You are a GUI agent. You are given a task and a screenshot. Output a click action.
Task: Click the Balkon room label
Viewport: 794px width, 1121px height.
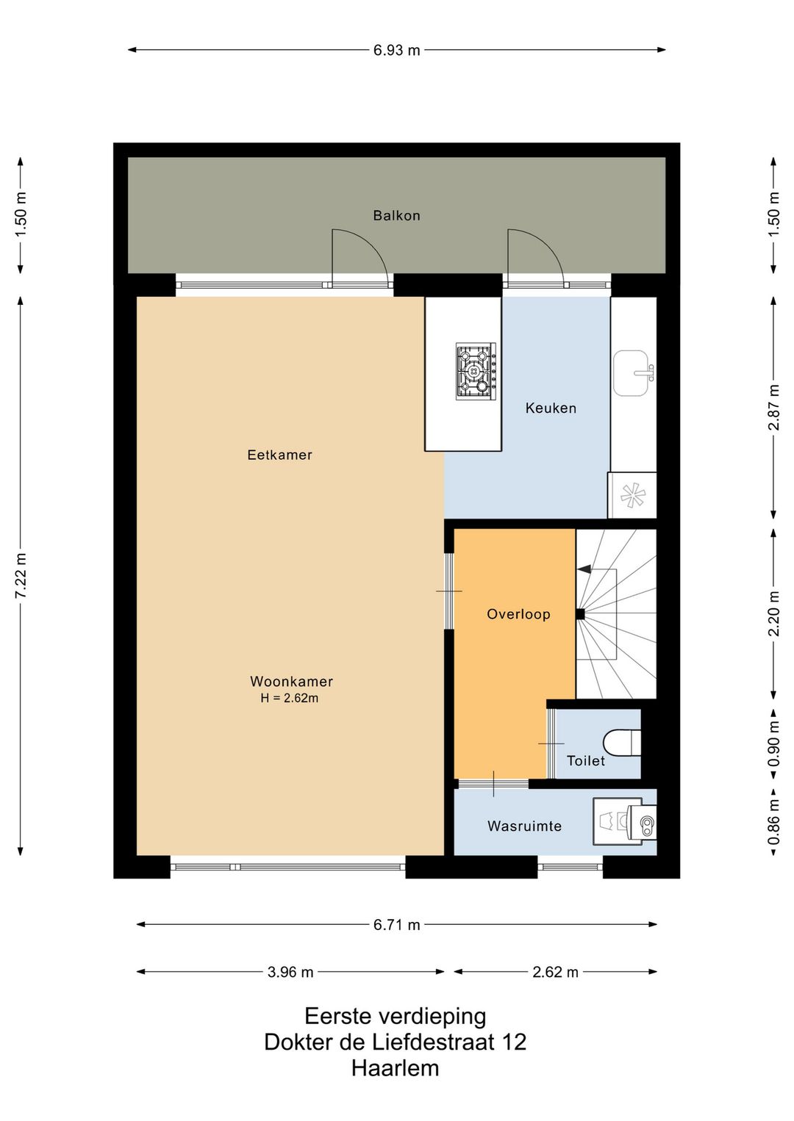tap(396, 216)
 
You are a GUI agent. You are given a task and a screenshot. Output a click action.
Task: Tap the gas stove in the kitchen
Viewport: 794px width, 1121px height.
tap(476, 371)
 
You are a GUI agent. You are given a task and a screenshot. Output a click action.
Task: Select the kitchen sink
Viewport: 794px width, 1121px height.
tap(633, 373)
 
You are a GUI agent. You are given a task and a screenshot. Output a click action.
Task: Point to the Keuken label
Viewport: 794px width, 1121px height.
tap(551, 408)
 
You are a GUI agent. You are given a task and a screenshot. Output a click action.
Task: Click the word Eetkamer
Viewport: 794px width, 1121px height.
tap(279, 455)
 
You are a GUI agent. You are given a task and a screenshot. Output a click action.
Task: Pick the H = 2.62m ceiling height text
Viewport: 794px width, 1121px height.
tap(290, 698)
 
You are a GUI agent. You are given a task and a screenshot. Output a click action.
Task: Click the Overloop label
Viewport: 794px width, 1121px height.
tap(518, 614)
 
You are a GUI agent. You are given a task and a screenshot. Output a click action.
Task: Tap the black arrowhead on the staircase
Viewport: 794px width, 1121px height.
tap(583, 569)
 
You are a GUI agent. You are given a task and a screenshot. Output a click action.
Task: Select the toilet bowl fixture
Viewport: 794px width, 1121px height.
tap(622, 742)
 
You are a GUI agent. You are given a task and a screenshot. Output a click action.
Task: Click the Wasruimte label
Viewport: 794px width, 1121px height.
tap(524, 826)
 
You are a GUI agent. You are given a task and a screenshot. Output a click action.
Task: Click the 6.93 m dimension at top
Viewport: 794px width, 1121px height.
tap(396, 50)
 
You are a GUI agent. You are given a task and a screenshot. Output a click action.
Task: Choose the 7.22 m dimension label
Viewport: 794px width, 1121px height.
tap(21, 575)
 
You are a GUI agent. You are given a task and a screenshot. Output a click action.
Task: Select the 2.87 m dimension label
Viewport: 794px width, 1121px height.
tap(774, 408)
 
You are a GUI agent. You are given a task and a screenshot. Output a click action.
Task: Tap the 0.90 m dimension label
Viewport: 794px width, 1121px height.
tap(774, 743)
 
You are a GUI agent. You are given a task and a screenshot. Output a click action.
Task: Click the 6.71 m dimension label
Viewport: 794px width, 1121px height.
tap(396, 925)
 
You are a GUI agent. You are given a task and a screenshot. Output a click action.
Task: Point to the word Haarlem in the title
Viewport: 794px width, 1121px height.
tap(396, 1068)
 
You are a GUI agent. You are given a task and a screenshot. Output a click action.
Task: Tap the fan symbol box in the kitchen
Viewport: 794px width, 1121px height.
tap(632, 495)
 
